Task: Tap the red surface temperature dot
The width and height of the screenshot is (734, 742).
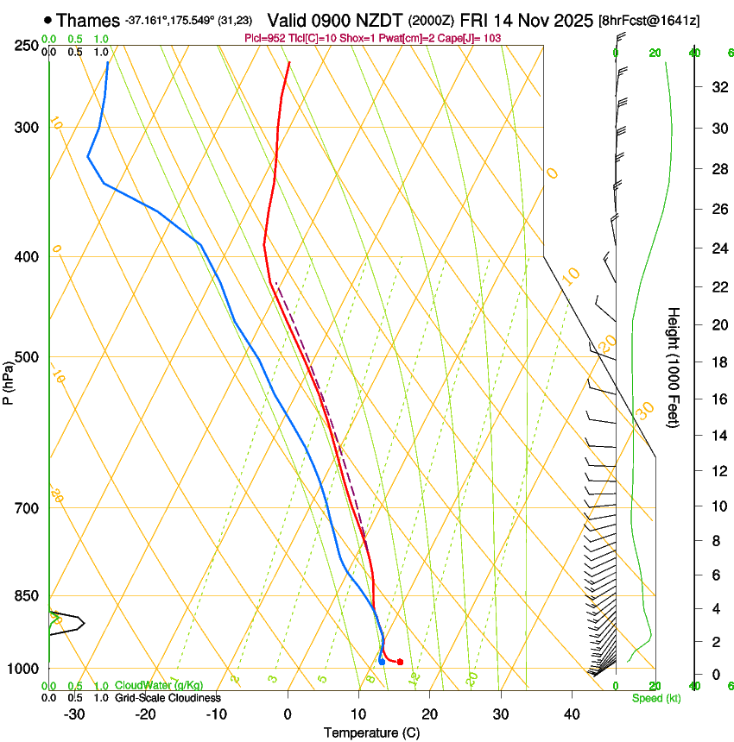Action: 400,662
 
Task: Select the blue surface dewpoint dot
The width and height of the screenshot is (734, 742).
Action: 382,662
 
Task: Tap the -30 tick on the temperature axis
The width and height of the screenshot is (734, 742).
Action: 74,714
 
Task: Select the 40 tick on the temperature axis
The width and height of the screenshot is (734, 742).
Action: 572,714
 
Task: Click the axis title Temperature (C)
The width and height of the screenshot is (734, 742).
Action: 371,733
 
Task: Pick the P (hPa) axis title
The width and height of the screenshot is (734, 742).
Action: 8,380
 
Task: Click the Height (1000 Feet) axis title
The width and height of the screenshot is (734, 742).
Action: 674,367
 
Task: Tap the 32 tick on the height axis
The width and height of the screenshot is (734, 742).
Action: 718,87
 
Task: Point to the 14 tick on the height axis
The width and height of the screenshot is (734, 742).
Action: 718,436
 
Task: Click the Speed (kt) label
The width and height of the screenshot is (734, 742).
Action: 656,698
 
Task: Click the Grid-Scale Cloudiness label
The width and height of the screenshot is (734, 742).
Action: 168,697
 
